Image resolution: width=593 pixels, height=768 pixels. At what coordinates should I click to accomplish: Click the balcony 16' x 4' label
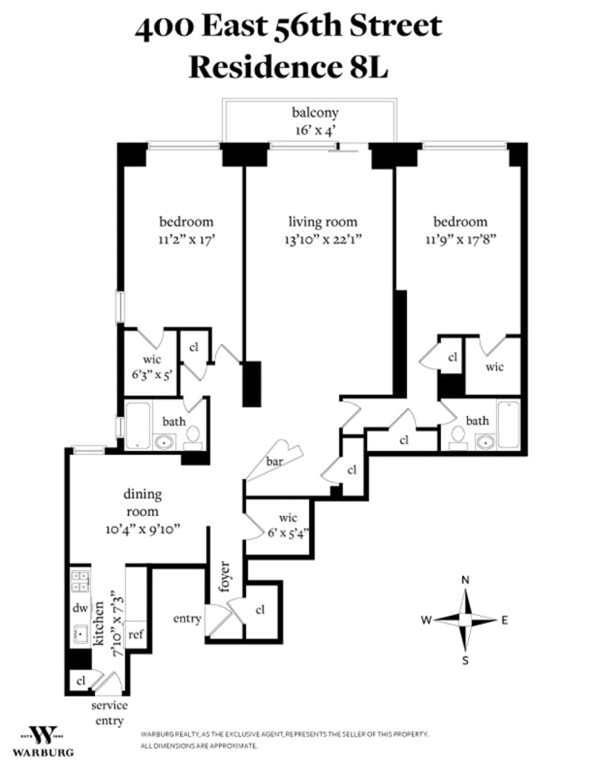point(315,121)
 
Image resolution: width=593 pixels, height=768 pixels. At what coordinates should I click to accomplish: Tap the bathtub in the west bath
point(138,426)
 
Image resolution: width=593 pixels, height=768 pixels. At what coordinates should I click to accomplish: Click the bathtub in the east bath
point(508,425)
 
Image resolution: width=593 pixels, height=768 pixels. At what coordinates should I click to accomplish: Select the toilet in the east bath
point(457,437)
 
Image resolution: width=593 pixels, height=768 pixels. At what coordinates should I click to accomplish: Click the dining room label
point(142,504)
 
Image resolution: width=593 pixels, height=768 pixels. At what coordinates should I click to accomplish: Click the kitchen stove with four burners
point(80,580)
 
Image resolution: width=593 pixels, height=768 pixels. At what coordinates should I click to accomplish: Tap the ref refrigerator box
point(135,635)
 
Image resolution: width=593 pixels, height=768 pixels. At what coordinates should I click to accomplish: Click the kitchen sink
point(79,635)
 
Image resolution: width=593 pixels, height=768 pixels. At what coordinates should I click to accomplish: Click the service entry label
point(108,712)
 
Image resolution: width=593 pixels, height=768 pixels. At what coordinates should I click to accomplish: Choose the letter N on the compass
point(465,580)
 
